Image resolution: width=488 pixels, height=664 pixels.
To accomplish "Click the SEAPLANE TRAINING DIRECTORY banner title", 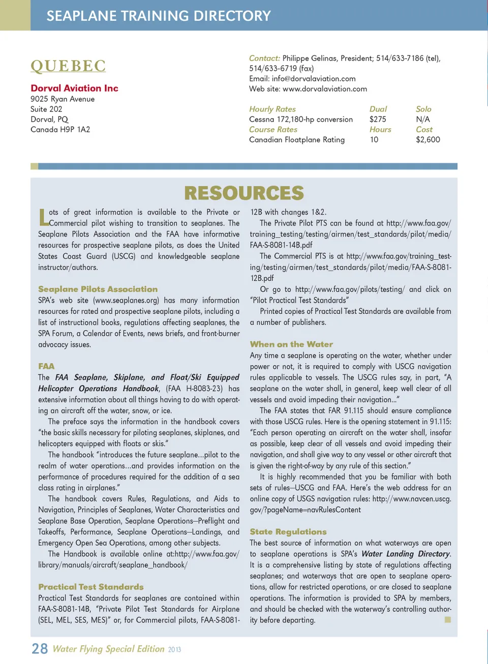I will click(159, 16).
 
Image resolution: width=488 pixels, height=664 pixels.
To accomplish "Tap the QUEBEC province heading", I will click(68, 66).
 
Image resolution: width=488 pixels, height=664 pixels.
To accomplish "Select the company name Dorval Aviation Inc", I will click(74, 88).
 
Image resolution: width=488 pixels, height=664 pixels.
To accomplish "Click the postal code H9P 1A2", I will click(75, 129).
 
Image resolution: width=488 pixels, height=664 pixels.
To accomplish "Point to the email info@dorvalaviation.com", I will click(314, 78).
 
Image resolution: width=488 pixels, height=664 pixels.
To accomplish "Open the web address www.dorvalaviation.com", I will click(324, 89).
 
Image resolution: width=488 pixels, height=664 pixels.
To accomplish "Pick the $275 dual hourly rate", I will click(378, 119).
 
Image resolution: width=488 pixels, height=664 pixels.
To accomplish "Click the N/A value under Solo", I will click(422, 119).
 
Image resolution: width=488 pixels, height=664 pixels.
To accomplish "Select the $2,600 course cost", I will click(428, 139).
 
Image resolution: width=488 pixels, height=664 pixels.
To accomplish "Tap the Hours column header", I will click(380, 129).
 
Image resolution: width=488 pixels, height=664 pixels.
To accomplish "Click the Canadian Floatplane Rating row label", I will click(297, 139).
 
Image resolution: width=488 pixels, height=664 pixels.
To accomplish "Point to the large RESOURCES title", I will click(244, 193).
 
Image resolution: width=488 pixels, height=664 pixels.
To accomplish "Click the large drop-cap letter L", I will click(43, 217).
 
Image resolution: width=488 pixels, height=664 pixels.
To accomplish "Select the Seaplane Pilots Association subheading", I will click(98, 289).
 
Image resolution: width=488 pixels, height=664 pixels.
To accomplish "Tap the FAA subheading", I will click(46, 366).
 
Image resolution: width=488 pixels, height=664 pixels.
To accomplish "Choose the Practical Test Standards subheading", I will click(90, 587).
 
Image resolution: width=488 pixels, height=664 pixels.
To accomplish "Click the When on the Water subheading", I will click(291, 344).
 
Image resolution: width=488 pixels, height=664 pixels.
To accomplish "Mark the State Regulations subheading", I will click(288, 531).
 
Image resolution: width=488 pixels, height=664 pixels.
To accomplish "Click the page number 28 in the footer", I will click(40, 649).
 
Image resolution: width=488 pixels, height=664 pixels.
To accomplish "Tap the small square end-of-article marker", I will click(447, 619).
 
